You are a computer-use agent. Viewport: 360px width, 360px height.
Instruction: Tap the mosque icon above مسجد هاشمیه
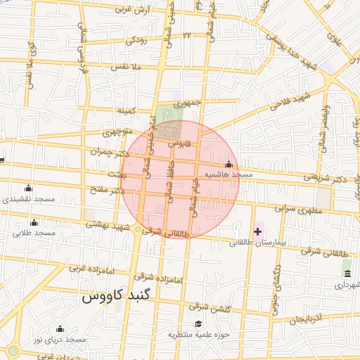tap(229, 164)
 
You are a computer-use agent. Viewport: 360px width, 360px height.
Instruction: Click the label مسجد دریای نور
tap(60, 340)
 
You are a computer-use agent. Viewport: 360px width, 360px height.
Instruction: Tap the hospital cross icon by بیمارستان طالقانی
tap(257, 231)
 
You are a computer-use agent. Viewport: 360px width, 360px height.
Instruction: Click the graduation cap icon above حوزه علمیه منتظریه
tap(199, 324)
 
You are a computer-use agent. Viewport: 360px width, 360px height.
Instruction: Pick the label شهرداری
tap(347, 285)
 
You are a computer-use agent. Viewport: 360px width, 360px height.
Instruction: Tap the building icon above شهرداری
tap(347, 273)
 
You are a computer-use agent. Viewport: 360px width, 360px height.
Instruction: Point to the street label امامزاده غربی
tap(87, 268)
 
